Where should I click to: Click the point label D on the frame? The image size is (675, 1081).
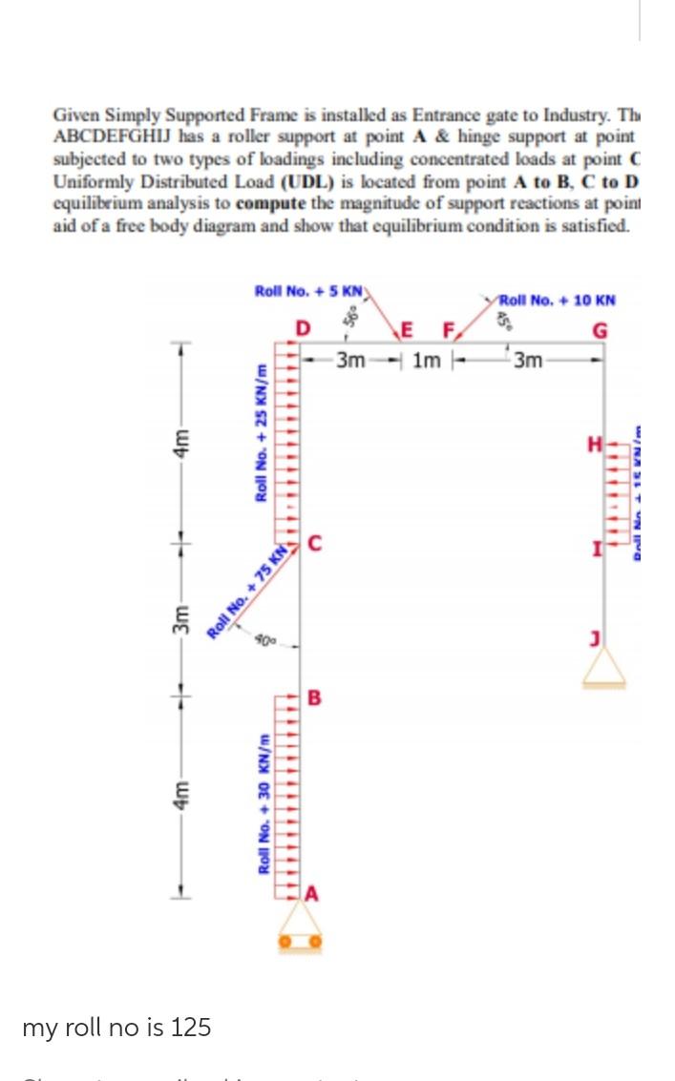pyautogui.click(x=303, y=330)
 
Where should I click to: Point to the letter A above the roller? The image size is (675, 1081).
pyautogui.click(x=312, y=894)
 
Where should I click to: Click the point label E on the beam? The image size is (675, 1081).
pyautogui.click(x=409, y=330)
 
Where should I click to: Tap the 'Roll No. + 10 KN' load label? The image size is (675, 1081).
pyautogui.click(x=559, y=300)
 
